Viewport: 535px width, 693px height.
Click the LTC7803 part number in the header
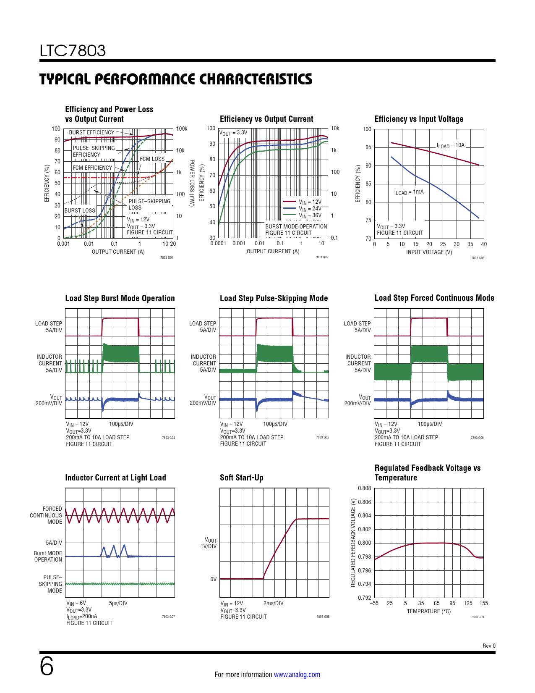tap(73, 51)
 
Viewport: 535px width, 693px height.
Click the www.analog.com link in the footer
tap(297, 675)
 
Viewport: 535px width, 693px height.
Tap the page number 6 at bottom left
tap(47, 667)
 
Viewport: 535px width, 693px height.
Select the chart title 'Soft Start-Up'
tap(241, 478)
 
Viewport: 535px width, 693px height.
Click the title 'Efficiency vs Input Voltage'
tap(419, 119)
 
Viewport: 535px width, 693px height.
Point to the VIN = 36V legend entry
tap(310, 215)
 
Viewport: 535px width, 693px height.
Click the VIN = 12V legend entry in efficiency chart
tap(310, 202)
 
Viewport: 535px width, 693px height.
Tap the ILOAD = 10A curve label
tap(451, 145)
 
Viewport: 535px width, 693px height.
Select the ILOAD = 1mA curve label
tap(409, 192)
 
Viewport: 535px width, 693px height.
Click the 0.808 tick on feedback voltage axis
tap(364, 488)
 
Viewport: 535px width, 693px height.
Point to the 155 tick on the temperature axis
tap(483, 603)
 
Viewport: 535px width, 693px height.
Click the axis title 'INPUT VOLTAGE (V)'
tap(429, 252)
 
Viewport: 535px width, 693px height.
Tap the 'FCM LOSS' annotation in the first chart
tap(152, 159)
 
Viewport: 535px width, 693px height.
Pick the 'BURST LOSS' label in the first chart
tap(80, 210)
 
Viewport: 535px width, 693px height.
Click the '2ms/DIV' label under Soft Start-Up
tap(273, 603)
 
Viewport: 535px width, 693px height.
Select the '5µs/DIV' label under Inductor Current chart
tap(118, 603)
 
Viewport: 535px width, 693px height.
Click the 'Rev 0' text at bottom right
tap(489, 646)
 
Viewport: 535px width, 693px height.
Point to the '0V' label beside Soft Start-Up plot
tap(213, 579)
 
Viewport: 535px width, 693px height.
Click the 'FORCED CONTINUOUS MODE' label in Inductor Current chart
tap(46, 515)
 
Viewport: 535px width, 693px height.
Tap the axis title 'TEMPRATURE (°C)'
tap(428, 611)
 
